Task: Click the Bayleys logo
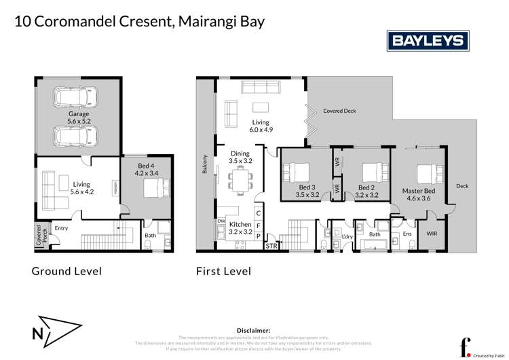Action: (x=430, y=41)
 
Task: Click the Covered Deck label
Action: (x=339, y=111)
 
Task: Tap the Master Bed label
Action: (x=418, y=195)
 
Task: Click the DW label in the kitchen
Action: (x=221, y=221)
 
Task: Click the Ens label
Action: (x=407, y=234)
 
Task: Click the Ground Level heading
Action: (x=67, y=271)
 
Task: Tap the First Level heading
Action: (x=223, y=271)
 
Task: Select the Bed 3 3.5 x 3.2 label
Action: (x=308, y=191)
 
